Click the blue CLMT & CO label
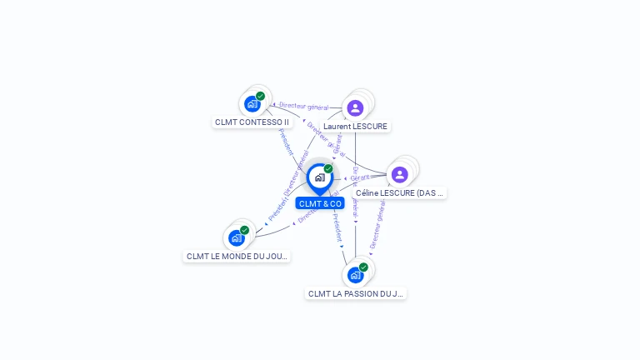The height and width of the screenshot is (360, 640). (320, 203)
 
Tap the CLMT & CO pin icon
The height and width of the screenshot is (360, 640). (319, 177)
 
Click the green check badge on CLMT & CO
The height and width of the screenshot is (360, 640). (328, 168)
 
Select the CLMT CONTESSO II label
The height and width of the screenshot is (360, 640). (252, 122)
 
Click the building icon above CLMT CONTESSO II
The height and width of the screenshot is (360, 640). (252, 104)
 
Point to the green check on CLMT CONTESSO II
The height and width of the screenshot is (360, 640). (261, 96)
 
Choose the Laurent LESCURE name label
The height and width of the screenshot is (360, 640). (355, 127)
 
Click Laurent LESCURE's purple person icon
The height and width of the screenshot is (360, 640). (355, 108)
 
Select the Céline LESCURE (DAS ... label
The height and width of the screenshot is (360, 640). (399, 192)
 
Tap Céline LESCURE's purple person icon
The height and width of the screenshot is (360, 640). (399, 174)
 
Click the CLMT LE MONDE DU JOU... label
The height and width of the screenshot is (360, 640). (237, 256)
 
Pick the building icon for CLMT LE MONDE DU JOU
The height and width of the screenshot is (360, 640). (236, 238)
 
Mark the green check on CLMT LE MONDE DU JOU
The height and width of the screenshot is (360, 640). (244, 230)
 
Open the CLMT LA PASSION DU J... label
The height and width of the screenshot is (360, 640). (356, 293)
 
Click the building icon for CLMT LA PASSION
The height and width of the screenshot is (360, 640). (355, 275)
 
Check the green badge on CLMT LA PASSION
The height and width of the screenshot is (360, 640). (363, 267)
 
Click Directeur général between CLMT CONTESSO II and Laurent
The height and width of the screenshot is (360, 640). (303, 106)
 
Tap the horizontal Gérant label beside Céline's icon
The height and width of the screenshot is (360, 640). (360, 177)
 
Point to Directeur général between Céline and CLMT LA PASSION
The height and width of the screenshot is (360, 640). (377, 227)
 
